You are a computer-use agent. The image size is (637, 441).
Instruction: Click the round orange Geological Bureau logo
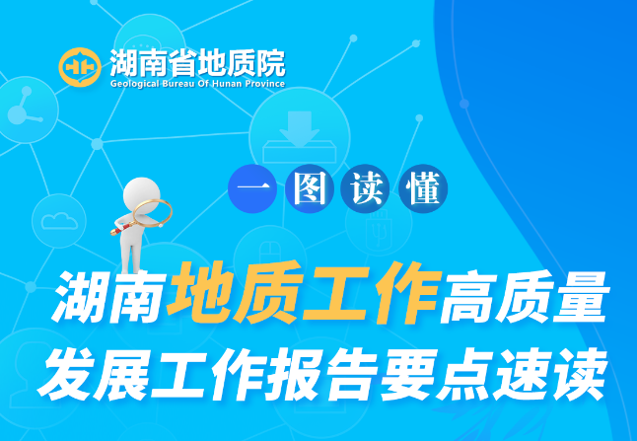tap(80, 67)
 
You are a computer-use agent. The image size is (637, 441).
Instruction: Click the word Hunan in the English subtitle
tap(227, 84)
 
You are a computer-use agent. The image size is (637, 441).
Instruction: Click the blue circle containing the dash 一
tap(252, 188)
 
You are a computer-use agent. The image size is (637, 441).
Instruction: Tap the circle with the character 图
tap(310, 188)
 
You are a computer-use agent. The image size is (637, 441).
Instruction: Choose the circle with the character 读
tap(365, 188)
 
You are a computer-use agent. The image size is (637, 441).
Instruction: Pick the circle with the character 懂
tap(423, 188)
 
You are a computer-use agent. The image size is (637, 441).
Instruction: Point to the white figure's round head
tap(141, 194)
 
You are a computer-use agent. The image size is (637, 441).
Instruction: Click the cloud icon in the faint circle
tap(59, 221)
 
